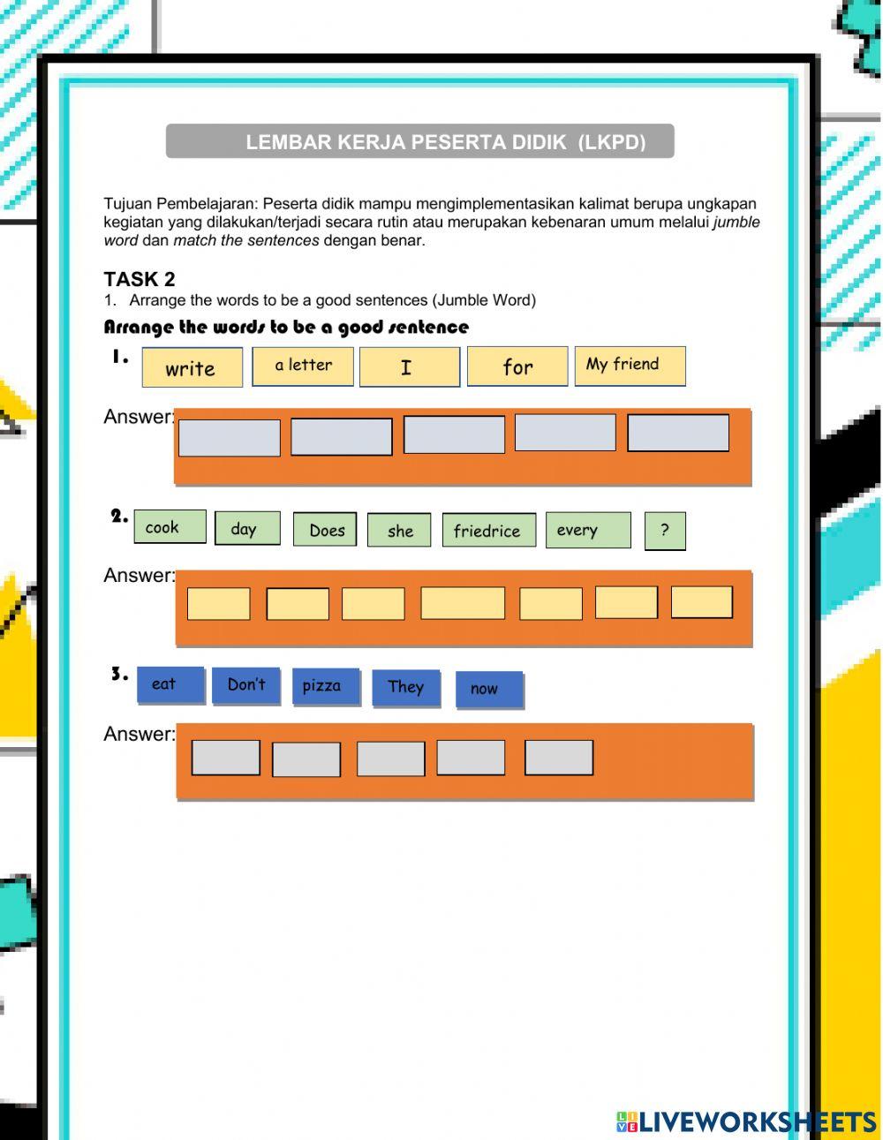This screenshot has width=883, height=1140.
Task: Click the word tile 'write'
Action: point(192,367)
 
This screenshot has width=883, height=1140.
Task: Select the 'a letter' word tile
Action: point(303,366)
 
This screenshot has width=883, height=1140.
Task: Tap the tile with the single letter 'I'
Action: point(409,366)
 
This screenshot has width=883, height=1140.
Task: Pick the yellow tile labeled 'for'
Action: point(517,366)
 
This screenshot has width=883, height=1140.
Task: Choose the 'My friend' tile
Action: point(630,365)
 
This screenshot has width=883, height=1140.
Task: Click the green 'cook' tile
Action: point(170,527)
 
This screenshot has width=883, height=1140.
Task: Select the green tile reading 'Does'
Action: point(325,530)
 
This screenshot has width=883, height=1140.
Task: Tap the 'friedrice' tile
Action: point(488,531)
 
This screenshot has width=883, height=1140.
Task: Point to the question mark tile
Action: point(665,531)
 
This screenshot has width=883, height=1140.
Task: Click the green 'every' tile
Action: point(588,531)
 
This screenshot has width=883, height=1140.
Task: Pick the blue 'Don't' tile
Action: point(246,685)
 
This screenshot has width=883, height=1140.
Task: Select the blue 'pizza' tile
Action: point(326,686)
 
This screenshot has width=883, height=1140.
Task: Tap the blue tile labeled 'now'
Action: point(489,690)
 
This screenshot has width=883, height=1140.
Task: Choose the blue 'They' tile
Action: point(406,687)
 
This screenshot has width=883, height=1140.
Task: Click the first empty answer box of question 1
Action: point(230,438)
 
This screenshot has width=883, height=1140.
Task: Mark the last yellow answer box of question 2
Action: point(702,602)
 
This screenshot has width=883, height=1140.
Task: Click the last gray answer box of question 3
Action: point(559,758)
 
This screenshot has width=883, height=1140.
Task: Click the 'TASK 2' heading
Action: point(140,279)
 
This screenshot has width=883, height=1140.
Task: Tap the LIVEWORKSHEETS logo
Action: point(746,1121)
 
